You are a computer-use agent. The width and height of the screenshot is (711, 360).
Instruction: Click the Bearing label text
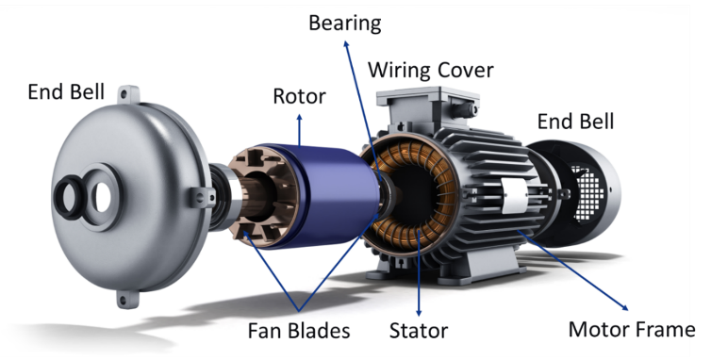pos(344,24)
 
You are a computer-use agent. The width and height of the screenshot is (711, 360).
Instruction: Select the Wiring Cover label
pos(430,71)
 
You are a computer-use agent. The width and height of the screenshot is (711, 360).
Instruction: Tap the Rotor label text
pos(299,96)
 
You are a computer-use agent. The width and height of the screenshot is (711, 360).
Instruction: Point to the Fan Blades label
pos(299,331)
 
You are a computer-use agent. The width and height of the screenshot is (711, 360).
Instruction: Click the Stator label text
pos(418,331)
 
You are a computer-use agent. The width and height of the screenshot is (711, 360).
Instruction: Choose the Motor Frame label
pos(632,329)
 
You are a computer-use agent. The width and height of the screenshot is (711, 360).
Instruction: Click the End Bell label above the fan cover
pos(575,122)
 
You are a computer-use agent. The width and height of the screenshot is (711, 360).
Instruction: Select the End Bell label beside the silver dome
pos(66,91)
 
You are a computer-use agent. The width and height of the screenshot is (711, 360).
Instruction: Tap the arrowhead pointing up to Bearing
pos(346,43)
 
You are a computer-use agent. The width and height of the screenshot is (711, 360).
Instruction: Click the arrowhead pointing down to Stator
pos(419,313)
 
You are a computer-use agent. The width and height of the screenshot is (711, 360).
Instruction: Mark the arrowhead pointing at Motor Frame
pos(625,307)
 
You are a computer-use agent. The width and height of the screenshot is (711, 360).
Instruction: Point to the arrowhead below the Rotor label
pos(299,117)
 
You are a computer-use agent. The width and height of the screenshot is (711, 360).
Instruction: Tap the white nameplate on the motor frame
pos(514,195)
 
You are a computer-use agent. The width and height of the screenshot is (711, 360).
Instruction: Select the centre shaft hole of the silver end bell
pos(102,199)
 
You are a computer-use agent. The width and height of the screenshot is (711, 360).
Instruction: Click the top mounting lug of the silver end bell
pos(128,94)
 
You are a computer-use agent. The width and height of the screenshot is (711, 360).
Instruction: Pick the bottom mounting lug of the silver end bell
pos(127,299)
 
